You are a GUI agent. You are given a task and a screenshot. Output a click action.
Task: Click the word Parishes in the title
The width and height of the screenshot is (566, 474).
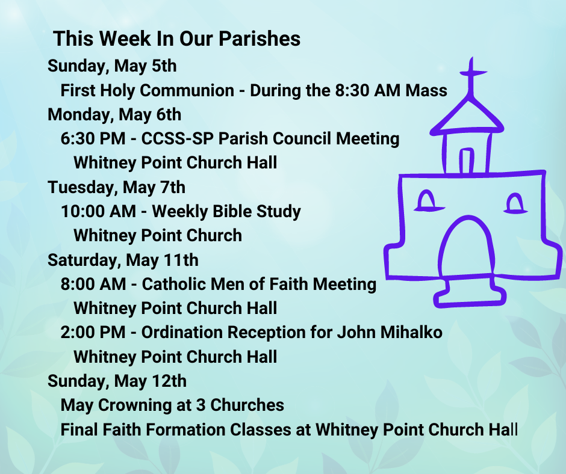260,38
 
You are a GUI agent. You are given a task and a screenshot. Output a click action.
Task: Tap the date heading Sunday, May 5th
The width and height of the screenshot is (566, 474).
112,66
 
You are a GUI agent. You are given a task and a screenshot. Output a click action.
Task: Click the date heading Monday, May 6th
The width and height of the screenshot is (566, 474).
114,115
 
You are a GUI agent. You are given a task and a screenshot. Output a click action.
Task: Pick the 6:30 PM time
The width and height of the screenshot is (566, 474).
93,138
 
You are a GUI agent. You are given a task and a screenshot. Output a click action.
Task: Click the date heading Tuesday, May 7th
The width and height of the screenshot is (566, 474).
117,188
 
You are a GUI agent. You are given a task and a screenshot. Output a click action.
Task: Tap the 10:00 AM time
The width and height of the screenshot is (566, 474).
98,211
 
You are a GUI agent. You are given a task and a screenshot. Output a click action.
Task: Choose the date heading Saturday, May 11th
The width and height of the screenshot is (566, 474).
123,260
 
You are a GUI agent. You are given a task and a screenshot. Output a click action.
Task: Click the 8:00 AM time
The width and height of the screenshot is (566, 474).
93,285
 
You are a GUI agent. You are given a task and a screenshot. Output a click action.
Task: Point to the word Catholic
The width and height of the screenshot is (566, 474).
173,285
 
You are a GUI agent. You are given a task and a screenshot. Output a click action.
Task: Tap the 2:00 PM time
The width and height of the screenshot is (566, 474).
93,333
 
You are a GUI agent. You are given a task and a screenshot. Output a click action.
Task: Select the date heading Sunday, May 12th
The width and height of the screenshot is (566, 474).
117,381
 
